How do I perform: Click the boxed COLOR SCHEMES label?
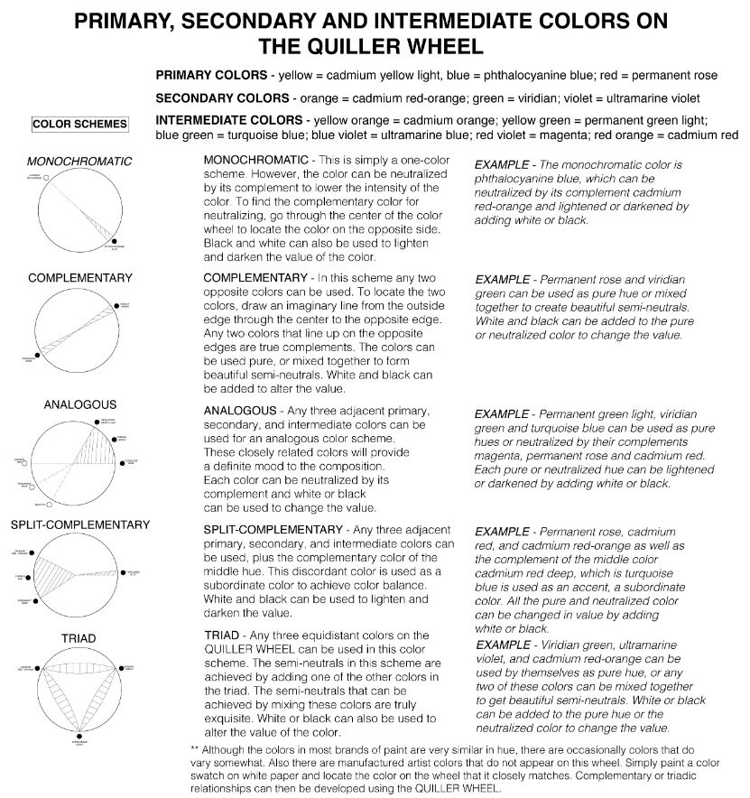click(79, 124)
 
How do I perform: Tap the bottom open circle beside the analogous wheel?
click(51, 504)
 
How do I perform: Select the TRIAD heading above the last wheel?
click(79, 638)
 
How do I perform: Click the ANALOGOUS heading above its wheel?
click(79, 405)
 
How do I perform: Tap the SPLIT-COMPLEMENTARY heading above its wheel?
click(79, 524)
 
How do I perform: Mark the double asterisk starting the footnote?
click(195, 750)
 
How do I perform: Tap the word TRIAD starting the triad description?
click(223, 636)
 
